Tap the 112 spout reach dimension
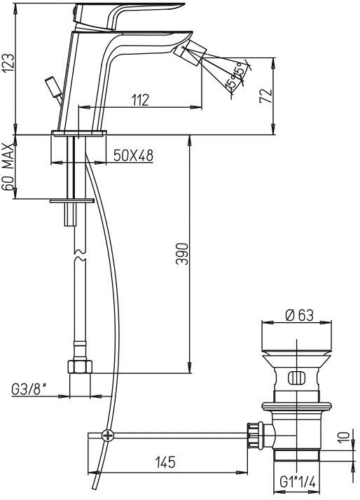point(140,100)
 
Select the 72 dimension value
point(266,96)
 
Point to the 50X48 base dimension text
point(133,155)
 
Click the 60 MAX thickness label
point(8,168)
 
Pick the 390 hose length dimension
point(182,254)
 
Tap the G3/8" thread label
point(29,389)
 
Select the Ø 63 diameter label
point(299,315)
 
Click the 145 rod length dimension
point(165,461)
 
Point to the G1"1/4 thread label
point(298,482)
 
